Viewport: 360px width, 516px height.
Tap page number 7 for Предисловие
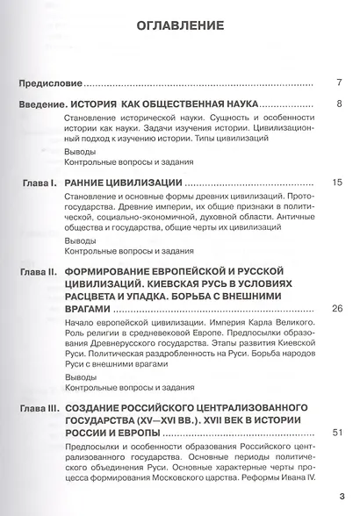338,84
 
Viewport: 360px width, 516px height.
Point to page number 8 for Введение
338,104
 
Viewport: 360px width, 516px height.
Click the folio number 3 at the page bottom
342,496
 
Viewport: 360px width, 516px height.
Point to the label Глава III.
39,409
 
